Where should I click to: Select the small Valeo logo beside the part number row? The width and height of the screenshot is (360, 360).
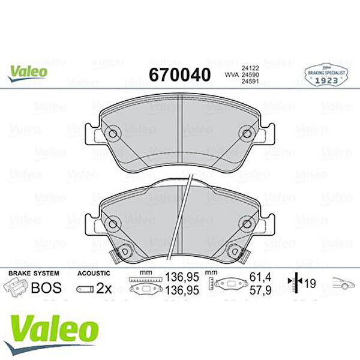[28, 70]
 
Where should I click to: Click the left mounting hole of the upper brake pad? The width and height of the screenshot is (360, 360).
[113, 133]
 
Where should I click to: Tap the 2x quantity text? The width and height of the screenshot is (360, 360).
[104, 287]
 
